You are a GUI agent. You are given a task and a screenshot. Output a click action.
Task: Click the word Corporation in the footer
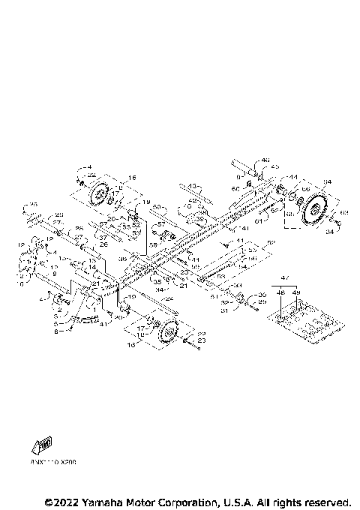(183, 501)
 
